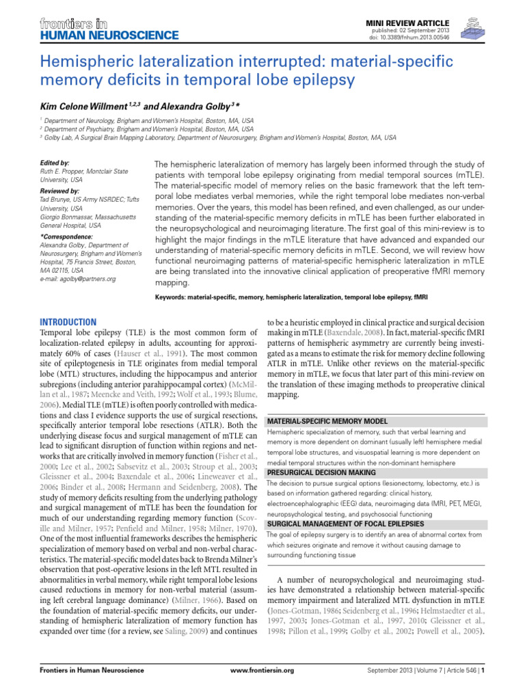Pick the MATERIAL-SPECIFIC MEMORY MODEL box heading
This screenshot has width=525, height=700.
(327, 421)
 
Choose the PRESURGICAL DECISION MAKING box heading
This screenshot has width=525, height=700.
(321, 472)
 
